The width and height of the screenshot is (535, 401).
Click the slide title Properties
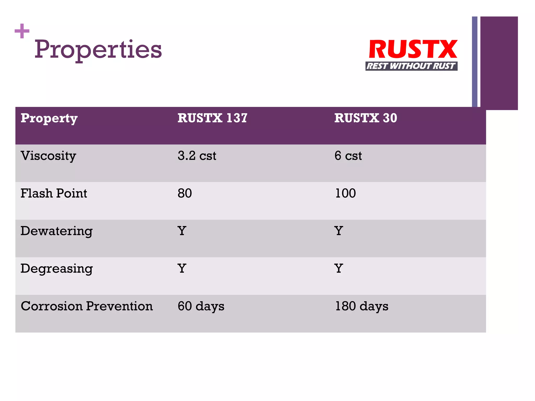tap(98, 50)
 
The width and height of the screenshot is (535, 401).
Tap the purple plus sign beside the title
tap(22, 31)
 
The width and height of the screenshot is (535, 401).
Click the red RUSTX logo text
tap(413, 49)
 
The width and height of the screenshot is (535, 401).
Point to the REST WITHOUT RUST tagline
tap(411, 66)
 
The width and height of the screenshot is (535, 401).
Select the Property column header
tap(49, 118)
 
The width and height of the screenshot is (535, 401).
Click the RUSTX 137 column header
tap(212, 118)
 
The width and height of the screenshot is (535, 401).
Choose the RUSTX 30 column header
tap(365, 118)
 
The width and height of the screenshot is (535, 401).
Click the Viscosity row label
tap(48, 156)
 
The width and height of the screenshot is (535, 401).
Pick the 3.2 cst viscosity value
tap(197, 156)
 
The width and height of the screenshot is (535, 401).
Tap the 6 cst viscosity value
tap(348, 156)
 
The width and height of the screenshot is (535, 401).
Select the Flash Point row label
tap(54, 193)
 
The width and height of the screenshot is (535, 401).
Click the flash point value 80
tap(185, 193)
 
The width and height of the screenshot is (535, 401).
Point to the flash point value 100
tap(345, 193)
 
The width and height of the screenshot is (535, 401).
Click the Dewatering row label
tap(56, 231)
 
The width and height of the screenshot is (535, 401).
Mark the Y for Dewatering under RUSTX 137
tap(182, 231)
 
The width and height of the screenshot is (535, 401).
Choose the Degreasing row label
tap(56, 269)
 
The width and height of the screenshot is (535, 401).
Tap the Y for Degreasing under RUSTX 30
tap(339, 269)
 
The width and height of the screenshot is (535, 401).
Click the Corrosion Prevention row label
tap(87, 306)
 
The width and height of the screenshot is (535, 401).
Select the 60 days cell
tap(201, 306)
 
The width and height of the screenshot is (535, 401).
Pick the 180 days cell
tap(362, 306)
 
